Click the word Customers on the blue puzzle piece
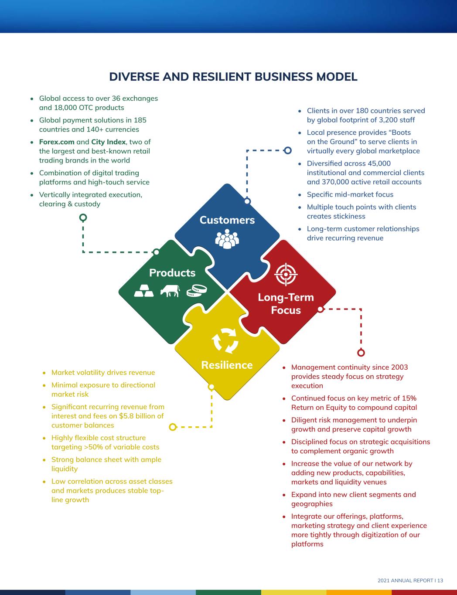click(x=227, y=220)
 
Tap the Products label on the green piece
click(x=172, y=273)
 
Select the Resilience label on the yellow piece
click(x=227, y=365)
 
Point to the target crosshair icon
click(x=286, y=274)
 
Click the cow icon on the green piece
click(x=170, y=291)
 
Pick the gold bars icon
click(x=143, y=291)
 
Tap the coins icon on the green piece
click(x=196, y=290)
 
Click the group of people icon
click(x=227, y=239)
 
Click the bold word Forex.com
click(x=57, y=142)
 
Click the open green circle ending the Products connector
click(x=83, y=217)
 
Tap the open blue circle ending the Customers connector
click(x=287, y=150)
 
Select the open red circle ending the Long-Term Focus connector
click(x=361, y=353)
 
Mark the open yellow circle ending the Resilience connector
click(x=173, y=427)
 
